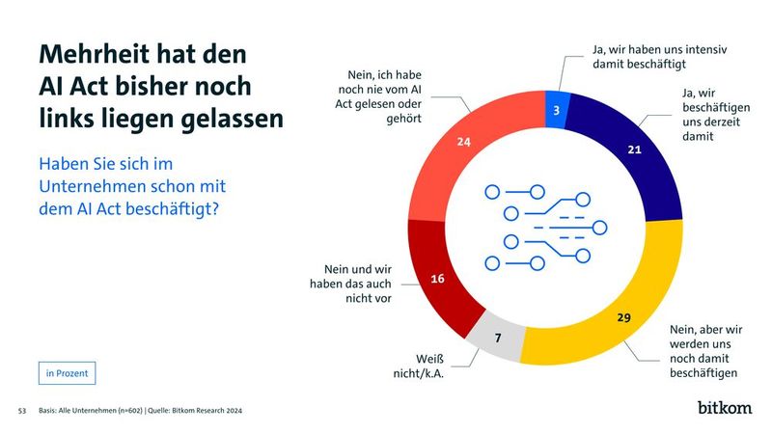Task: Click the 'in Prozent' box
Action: coord(68,372)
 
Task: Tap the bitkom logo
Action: coord(724,407)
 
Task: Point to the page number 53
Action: coord(22,411)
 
